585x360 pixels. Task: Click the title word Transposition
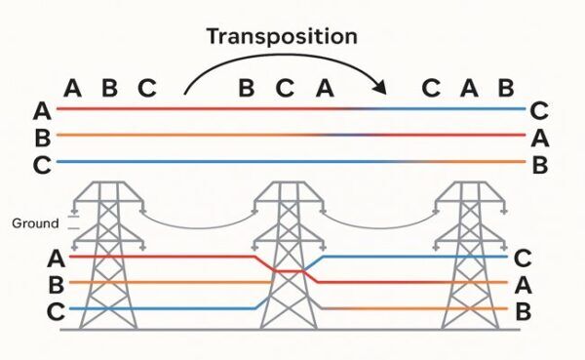[282, 37]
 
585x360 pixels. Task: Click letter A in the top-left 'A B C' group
[72, 88]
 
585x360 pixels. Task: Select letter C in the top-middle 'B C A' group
[285, 88]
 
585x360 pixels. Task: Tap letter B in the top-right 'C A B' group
[505, 88]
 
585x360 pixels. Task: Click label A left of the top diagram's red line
[41, 109]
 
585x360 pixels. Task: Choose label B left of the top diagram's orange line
[41, 136]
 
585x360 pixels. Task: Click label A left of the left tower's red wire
[56, 259]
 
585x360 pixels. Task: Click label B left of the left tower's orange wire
[56, 285]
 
